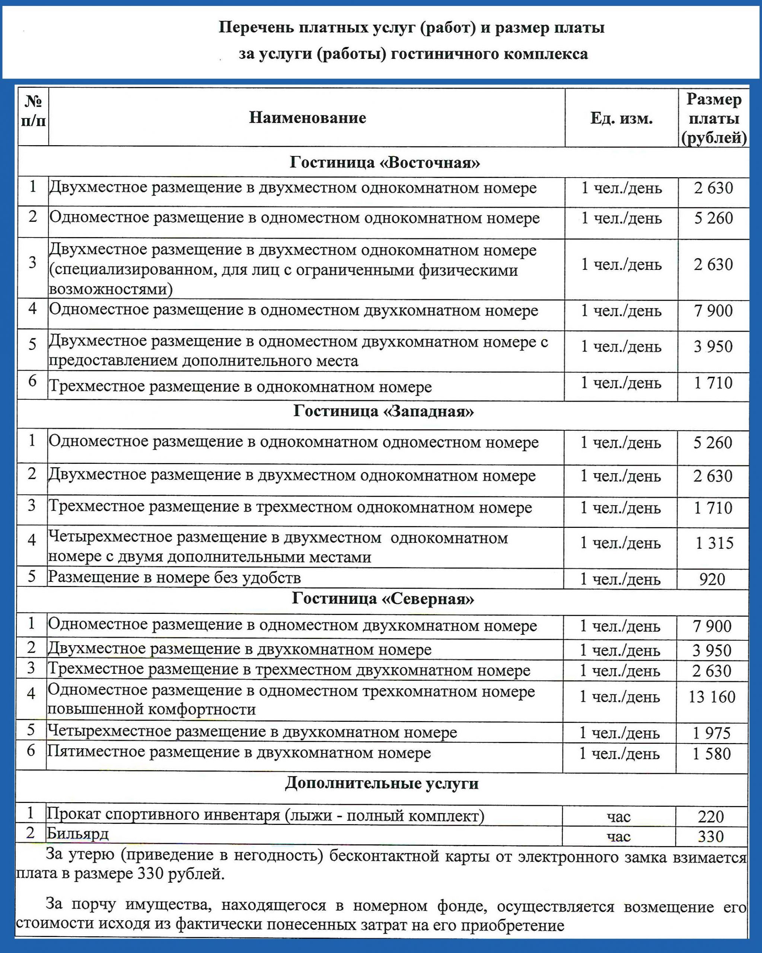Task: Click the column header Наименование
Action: [307, 118]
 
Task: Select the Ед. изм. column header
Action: [621, 118]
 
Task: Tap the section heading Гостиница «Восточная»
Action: [385, 163]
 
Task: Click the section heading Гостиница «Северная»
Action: [383, 599]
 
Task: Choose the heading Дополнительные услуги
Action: [382, 783]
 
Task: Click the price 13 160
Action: [712, 697]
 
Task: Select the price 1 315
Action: [714, 543]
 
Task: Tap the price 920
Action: [712, 579]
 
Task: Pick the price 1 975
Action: [712, 733]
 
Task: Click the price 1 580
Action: [712, 753]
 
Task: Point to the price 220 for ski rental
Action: [711, 816]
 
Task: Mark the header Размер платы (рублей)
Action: [713, 118]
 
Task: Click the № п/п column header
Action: [33, 111]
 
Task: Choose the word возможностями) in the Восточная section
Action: [111, 289]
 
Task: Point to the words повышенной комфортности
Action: [152, 709]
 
